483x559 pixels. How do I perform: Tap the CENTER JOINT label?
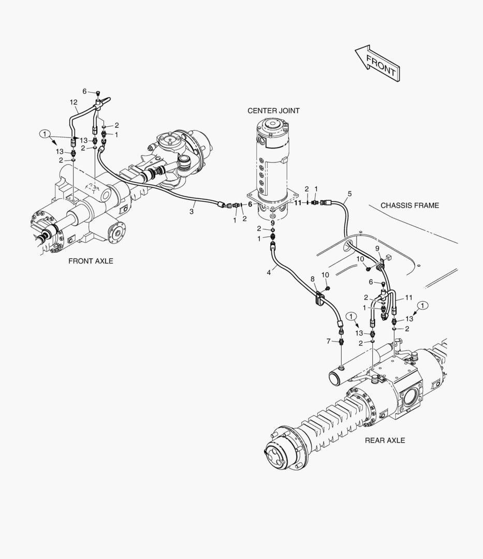click(x=273, y=111)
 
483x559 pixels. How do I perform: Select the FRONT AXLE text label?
click(x=91, y=261)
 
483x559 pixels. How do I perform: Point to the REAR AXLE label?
click(x=385, y=440)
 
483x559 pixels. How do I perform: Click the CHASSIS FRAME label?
click(x=409, y=205)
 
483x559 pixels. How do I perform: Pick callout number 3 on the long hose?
click(x=192, y=212)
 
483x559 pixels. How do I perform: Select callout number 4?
click(x=269, y=271)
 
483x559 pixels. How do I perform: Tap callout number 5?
click(x=349, y=194)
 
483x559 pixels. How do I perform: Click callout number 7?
click(x=328, y=341)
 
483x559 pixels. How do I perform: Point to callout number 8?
click(x=312, y=279)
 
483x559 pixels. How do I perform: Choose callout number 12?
click(x=74, y=102)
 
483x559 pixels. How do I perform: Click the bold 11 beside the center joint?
click(x=298, y=203)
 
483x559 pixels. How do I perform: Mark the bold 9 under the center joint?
click(x=273, y=223)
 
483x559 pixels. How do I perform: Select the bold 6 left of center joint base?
click(x=250, y=204)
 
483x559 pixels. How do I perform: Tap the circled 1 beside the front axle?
click(x=46, y=134)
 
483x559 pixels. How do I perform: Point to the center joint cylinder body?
click(x=273, y=160)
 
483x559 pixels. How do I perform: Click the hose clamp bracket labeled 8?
click(x=319, y=299)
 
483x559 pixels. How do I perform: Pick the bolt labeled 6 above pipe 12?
click(x=98, y=93)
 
